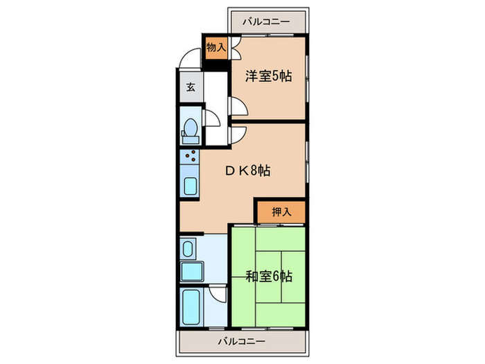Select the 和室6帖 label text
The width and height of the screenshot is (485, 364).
pos(269,277)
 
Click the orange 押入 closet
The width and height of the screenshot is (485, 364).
pos(280,212)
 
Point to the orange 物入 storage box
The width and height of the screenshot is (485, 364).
pos(216,48)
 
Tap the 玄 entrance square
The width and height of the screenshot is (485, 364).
pos(189,88)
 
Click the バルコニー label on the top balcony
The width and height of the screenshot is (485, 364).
pos(267,21)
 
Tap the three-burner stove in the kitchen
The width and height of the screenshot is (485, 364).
pos(189,157)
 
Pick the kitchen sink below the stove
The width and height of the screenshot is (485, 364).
pos(189,186)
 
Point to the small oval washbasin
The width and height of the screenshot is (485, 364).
pos(187,247)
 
